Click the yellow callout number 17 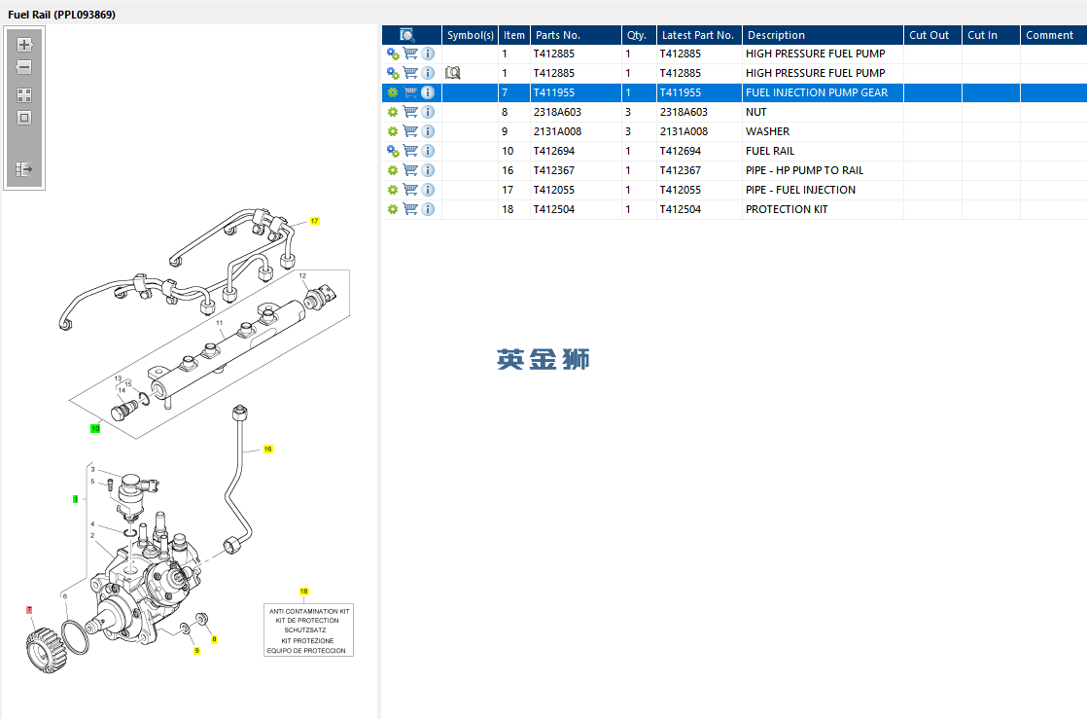(x=315, y=222)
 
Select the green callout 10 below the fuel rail (x=95, y=428)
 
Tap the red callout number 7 (x=29, y=610)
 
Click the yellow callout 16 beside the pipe (x=268, y=449)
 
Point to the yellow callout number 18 (x=303, y=592)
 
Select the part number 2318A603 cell (x=557, y=112)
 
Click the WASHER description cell (x=767, y=131)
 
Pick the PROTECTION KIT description (x=787, y=209)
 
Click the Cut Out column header (x=929, y=35)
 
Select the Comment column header (x=1049, y=35)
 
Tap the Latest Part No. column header (x=697, y=35)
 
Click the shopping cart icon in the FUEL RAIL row (x=410, y=151)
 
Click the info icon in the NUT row (x=428, y=112)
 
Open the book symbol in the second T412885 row (x=452, y=73)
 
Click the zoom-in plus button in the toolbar (x=24, y=45)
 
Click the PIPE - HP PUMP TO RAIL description (x=804, y=170)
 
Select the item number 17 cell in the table (x=508, y=190)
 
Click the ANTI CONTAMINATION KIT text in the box (x=308, y=611)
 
